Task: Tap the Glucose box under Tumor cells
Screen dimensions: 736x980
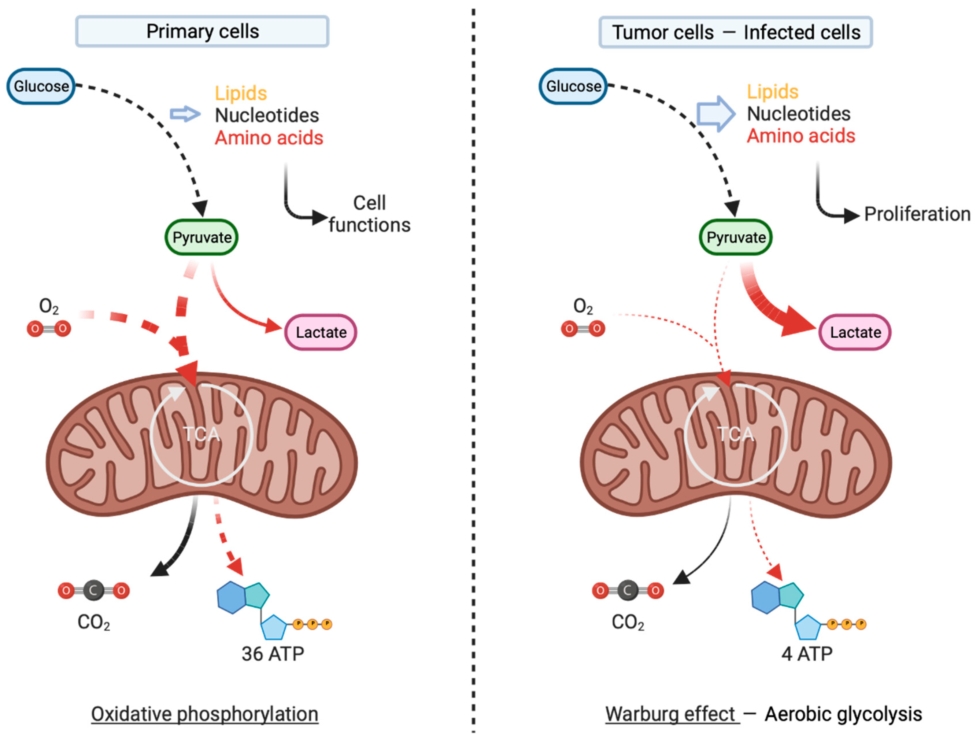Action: point(573,86)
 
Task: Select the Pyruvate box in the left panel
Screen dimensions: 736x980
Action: point(201,237)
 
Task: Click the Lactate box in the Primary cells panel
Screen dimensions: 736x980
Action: point(321,332)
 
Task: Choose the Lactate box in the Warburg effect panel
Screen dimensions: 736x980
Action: point(855,332)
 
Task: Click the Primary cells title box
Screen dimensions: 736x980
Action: point(202,32)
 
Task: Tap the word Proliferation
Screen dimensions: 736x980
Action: point(917,214)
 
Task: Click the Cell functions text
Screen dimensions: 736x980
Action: point(369,214)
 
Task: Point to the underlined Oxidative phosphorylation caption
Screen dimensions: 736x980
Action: point(205,714)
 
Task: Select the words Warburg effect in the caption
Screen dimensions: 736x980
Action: point(670,714)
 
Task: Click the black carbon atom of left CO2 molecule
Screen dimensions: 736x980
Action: point(93,590)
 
